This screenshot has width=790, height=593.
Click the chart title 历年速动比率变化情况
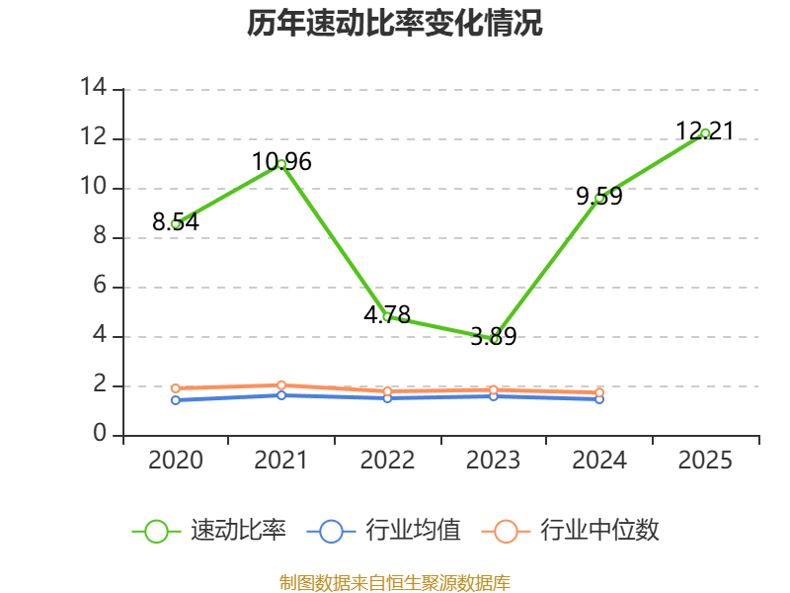394,23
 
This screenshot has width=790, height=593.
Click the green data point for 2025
705,133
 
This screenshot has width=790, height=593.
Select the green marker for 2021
281,164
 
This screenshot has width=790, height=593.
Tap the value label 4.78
387,315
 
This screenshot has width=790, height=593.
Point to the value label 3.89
493,336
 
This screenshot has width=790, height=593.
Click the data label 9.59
599,196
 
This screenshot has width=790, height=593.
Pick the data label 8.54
176,221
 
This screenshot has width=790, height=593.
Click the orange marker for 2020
176,388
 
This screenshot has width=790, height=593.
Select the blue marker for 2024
599,399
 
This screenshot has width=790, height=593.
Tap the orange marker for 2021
281,385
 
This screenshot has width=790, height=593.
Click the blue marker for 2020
176,400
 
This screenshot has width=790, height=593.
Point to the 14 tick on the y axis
94,87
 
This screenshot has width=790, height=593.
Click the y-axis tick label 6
100,286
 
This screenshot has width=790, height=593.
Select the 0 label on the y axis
100,433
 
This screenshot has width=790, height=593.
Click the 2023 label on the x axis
493,461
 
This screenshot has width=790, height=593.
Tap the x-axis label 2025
705,461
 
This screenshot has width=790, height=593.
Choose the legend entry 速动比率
208,531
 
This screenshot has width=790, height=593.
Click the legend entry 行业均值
383,531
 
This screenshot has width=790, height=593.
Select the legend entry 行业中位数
571,531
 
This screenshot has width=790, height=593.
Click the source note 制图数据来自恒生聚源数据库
394,583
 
